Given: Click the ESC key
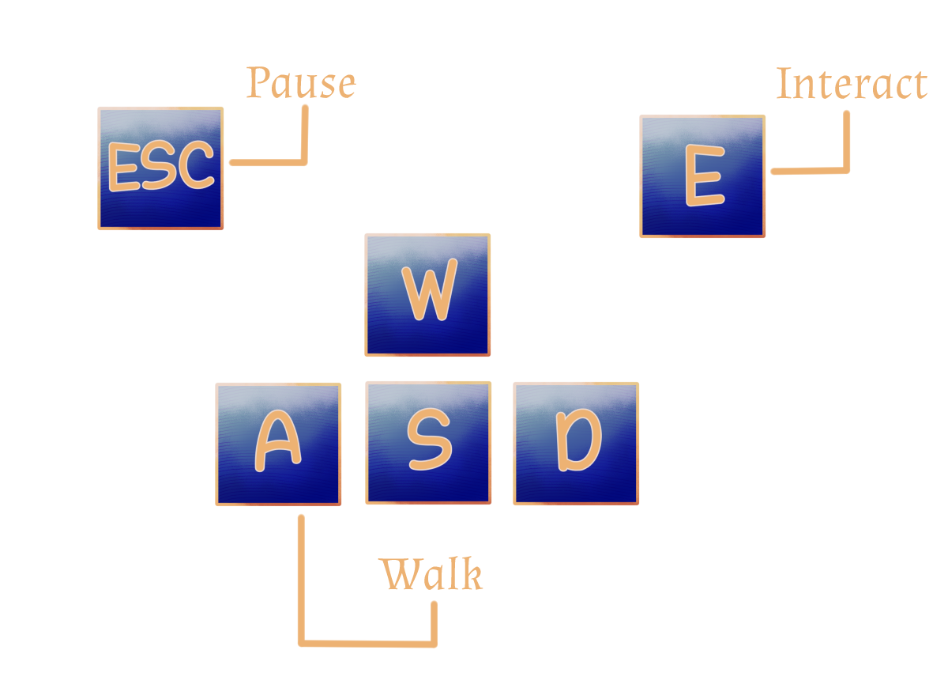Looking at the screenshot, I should [160, 168].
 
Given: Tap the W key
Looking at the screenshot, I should [427, 295].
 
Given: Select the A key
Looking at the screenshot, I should [278, 444].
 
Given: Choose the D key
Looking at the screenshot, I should [576, 444].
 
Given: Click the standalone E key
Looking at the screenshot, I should [702, 176].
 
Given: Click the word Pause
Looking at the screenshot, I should [301, 83].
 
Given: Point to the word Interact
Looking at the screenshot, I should [851, 84].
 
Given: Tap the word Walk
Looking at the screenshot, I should [431, 575].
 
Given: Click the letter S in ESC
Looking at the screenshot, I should [160, 168].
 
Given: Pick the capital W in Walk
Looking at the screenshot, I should [399, 575].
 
